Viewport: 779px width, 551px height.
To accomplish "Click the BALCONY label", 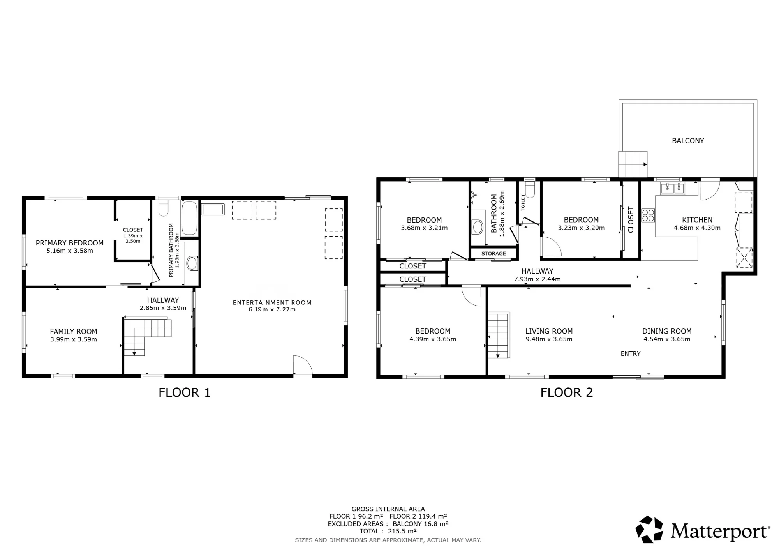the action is click(x=688, y=141).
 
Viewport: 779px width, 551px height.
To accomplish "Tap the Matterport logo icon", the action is click(x=649, y=530).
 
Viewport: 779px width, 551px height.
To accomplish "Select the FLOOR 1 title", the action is click(x=185, y=392).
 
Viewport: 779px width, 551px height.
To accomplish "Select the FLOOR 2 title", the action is click(x=567, y=392).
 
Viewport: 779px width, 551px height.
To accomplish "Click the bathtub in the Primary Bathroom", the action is click(x=190, y=218).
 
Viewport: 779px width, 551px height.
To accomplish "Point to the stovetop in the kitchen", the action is click(x=648, y=215).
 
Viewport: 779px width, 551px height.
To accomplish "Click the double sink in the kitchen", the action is click(x=673, y=188).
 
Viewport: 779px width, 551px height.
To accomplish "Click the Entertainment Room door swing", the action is click(x=303, y=366).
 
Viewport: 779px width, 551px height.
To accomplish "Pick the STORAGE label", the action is click(x=493, y=254).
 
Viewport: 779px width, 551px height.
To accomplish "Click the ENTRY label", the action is click(x=631, y=354).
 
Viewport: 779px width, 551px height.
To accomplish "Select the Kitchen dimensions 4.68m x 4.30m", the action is click(x=697, y=228).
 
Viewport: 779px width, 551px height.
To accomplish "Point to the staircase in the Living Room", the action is click(x=499, y=335).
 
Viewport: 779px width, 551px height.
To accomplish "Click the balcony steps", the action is click(x=633, y=164).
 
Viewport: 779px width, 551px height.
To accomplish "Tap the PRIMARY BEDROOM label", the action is click(x=70, y=243).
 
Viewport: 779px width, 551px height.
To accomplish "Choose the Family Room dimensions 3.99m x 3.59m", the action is click(x=74, y=339).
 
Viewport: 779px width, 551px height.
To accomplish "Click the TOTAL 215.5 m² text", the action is click(x=388, y=531).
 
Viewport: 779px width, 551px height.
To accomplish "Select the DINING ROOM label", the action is click(x=667, y=331).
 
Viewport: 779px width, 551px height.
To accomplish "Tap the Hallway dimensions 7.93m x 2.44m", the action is click(x=538, y=279).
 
